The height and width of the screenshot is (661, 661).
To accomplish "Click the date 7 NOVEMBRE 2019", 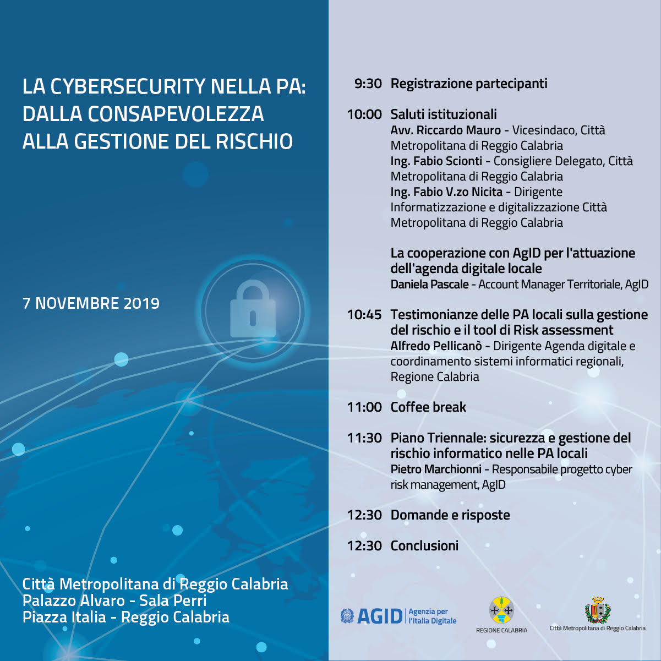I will coord(91,303).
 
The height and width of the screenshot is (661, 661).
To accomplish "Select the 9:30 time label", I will coord(368,84).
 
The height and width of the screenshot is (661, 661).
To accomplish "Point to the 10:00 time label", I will coord(364,114).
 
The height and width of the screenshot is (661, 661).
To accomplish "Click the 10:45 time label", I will coord(364,315).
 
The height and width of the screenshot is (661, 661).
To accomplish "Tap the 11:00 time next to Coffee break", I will coord(364,407).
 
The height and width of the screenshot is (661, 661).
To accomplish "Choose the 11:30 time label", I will coord(364,438).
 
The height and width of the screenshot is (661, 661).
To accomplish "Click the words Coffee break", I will coord(428,407).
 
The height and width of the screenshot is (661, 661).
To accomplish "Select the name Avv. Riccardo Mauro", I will coord(445,130).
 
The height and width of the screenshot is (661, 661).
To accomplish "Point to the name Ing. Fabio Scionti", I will coord(436,161).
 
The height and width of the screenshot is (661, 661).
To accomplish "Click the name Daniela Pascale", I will coord(429,285).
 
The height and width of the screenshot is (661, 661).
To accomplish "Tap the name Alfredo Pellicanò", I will coord(436,346).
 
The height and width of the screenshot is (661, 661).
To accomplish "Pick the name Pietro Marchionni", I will coord(436,469).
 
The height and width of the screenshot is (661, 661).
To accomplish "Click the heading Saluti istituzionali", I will coord(444,114).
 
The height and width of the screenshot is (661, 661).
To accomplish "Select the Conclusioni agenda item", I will coord(424,546).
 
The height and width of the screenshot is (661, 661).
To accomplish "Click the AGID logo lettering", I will coord(380,616).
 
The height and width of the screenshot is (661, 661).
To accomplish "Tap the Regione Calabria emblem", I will coord(501,611).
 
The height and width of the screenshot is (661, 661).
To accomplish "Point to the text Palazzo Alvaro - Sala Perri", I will coord(114,600).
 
